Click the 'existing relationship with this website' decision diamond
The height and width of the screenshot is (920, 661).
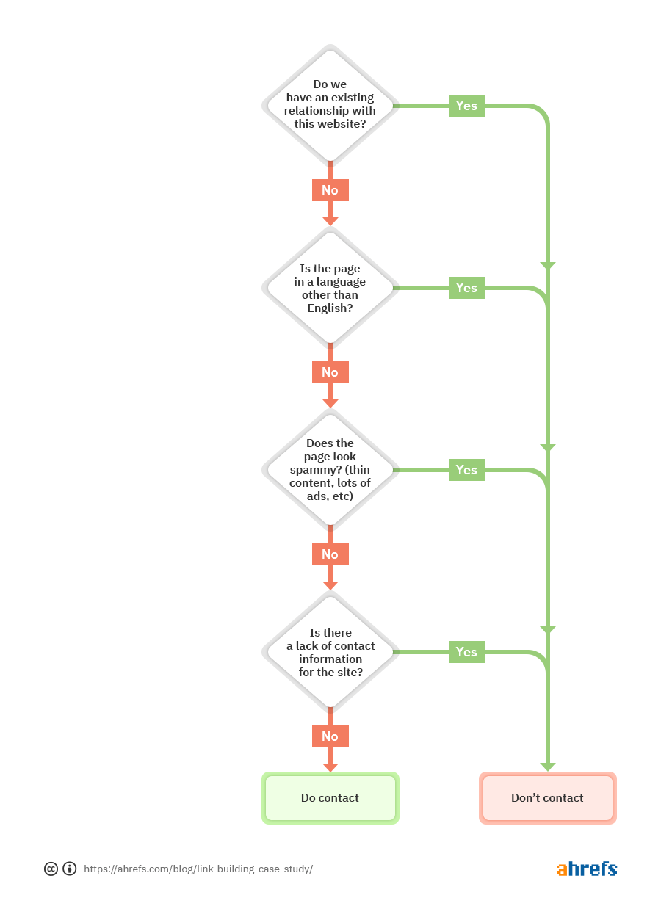point(330,105)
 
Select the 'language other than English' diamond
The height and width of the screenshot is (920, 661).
point(330,288)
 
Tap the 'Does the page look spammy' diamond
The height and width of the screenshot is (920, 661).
point(330,470)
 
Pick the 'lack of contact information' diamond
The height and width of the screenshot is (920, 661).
point(330,652)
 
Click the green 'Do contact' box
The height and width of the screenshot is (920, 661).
point(330,798)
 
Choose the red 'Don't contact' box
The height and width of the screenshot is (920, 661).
point(547,798)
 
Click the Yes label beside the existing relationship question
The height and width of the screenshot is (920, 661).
point(466,106)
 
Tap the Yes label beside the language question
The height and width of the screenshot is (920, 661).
point(466,288)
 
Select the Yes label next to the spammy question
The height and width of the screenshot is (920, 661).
point(466,470)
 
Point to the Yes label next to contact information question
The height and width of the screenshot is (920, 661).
point(466,652)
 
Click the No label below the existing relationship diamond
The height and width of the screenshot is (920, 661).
point(330,190)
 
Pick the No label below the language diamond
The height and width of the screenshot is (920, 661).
point(330,372)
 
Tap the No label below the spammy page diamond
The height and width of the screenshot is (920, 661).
point(330,554)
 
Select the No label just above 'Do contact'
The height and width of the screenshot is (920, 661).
point(330,736)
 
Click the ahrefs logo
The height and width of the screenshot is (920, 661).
point(587,869)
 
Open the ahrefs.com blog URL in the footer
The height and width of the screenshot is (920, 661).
point(198,869)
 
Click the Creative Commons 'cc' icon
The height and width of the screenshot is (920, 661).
point(51,869)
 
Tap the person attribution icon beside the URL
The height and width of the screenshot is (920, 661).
point(70,869)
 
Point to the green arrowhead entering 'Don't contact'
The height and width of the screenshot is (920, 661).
point(547,767)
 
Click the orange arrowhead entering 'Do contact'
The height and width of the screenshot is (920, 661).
point(330,767)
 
